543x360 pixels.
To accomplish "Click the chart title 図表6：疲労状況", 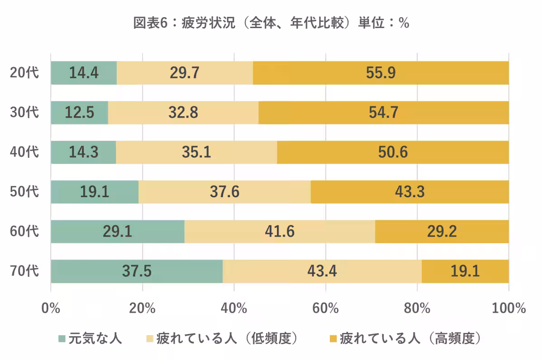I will pos(271,23).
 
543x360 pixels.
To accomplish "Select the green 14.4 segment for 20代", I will pos(84,73).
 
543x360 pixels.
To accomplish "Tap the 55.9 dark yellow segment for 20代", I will pos(381,73).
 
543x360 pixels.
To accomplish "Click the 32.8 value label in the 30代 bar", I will pos(183,113).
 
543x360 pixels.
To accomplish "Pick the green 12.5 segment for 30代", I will pos(79,113).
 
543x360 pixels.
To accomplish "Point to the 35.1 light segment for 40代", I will pos(196,152).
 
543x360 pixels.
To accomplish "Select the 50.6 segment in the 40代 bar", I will pos(393,152).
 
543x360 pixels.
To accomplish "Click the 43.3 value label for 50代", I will pos(410,192).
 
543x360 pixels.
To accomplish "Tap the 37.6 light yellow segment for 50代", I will pos(224,192).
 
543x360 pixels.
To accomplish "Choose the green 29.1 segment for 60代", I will pos(117,232).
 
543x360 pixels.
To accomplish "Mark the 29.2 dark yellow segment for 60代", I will pos(442,232).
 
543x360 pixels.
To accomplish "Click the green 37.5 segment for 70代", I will pos(137,271).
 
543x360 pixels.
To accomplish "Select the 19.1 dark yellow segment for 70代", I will pos(465,271).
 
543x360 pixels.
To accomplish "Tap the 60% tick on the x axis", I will pos(325,309).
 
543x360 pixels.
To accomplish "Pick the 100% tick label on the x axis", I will pos(508,309).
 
